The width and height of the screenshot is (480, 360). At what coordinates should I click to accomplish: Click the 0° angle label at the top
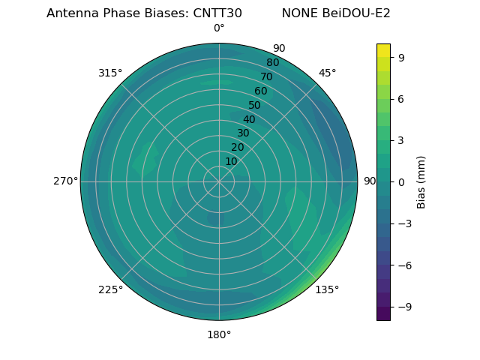(219, 28)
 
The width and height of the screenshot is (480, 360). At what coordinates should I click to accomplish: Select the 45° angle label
(327, 73)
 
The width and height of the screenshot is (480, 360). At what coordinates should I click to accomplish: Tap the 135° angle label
(327, 289)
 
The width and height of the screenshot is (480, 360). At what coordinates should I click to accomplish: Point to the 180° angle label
(219, 334)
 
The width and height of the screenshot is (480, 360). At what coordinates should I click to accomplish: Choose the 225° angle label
(110, 289)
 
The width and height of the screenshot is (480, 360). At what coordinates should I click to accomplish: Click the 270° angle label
(65, 181)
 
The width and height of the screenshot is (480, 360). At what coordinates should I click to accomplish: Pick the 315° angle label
(110, 73)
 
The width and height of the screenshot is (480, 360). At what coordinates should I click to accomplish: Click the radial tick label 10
(231, 161)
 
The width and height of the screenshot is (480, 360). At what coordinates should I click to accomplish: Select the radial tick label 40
(249, 119)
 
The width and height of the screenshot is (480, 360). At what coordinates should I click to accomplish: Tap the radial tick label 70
(266, 76)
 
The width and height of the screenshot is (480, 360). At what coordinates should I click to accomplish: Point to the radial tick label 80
(272, 62)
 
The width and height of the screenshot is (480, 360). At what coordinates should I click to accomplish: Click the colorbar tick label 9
(401, 57)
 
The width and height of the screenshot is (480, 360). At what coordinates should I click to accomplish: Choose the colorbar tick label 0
(401, 181)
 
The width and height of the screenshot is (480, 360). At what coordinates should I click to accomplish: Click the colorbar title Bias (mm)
(421, 181)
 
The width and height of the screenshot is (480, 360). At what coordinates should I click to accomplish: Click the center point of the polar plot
(219, 181)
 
